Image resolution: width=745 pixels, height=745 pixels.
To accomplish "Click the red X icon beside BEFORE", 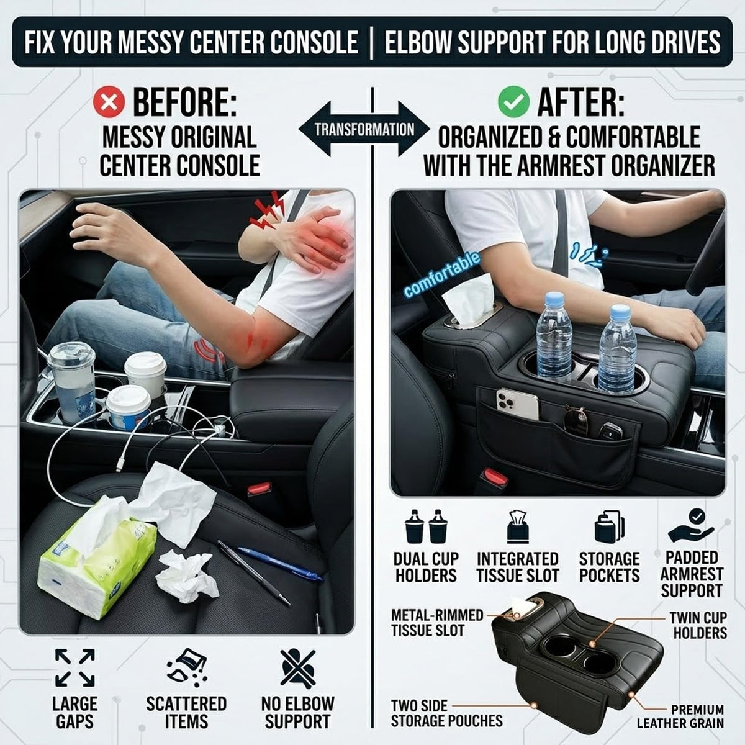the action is [109, 102].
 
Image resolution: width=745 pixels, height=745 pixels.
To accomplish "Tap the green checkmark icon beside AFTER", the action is [513, 102].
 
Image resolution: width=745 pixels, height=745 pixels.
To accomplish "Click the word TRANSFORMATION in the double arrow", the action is [364, 130].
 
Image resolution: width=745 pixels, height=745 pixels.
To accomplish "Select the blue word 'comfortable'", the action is [442, 275].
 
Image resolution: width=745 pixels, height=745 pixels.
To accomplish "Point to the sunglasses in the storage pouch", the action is [576, 418].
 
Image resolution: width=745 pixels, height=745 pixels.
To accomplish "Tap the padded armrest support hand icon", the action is [691, 526].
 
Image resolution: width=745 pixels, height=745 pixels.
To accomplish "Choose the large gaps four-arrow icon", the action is [75, 667].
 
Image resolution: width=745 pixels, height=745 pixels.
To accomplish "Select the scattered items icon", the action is [187, 667].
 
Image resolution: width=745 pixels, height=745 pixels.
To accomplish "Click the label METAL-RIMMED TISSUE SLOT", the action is [437, 623].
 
